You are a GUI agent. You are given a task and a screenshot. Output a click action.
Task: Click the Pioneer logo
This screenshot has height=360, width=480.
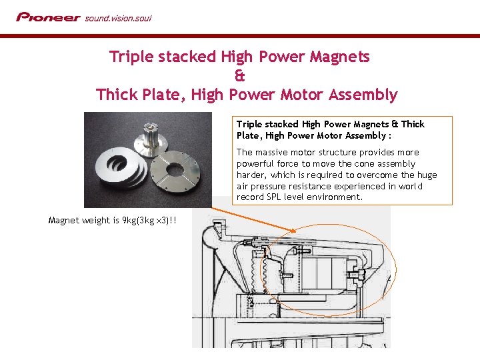[x=49, y=17]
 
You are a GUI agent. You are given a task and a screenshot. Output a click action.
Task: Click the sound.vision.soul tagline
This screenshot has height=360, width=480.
[x=118, y=19]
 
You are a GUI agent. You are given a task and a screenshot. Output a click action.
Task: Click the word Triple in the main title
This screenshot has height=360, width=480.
[x=131, y=57]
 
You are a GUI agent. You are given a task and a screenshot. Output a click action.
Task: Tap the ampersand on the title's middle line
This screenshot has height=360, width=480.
[x=240, y=75]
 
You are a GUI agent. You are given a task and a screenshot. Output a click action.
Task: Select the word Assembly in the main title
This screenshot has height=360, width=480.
[x=363, y=95]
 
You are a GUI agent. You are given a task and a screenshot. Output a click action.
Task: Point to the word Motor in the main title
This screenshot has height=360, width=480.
[x=301, y=94]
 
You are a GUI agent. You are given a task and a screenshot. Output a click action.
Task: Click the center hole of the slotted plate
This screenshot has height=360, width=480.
[x=175, y=169]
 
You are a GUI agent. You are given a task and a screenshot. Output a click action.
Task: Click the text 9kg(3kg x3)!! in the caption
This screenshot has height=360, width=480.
[x=149, y=221]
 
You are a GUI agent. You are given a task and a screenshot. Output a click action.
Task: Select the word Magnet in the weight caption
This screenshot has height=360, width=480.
[x=63, y=221]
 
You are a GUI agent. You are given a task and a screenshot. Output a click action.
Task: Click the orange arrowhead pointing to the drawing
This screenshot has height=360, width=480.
[x=292, y=230]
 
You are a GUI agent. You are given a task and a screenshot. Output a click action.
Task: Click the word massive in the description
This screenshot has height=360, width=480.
[x=271, y=152]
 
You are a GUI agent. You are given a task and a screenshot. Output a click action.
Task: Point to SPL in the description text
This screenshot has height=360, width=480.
[x=274, y=197]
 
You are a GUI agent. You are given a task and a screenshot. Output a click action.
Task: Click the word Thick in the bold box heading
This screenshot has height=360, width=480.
[x=413, y=124]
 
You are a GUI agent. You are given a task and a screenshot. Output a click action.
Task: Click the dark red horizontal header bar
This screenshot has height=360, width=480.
[x=240, y=36]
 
